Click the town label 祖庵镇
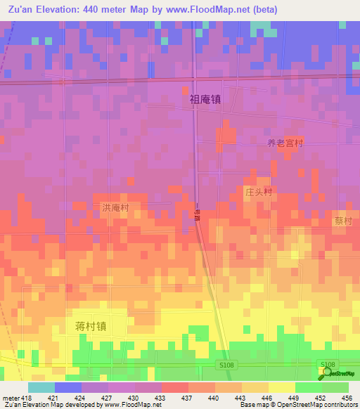click(x=205, y=100)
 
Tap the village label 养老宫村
click(x=285, y=143)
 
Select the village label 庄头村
click(x=258, y=192)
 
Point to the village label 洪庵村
click(x=116, y=208)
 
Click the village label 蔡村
click(x=342, y=221)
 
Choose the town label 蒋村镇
click(x=91, y=326)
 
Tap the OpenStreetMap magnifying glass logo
click(x=325, y=373)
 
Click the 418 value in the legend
click(x=26, y=397)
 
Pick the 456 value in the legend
click(x=347, y=397)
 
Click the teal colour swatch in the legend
click(x=41, y=387)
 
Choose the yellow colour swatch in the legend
click(x=281, y=387)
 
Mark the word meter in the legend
click(x=10, y=397)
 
